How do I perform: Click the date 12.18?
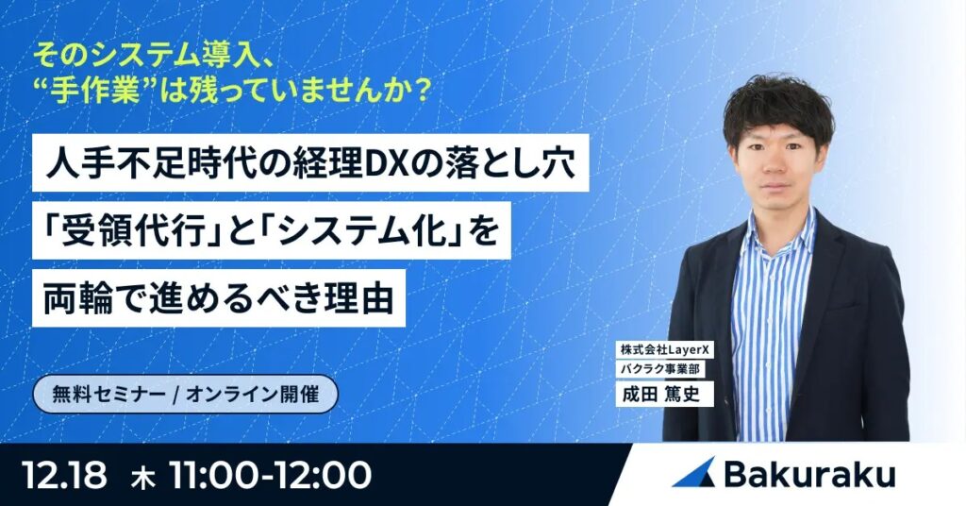[64, 475]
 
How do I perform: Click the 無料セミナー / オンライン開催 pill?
[185, 396]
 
